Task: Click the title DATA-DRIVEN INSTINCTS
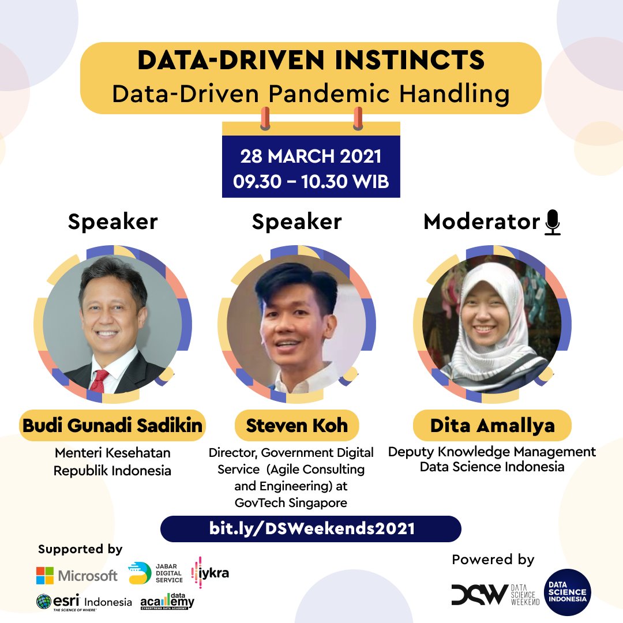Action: click(x=310, y=61)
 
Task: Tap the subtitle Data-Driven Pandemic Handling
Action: click(x=310, y=93)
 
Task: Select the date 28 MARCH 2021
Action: click(x=310, y=156)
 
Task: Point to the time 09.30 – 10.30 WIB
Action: click(x=310, y=181)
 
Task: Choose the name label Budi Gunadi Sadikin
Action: click(x=112, y=426)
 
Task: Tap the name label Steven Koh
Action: click(x=297, y=426)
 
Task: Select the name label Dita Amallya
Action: click(x=492, y=426)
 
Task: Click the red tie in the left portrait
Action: click(x=100, y=381)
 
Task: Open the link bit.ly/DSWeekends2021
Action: click(x=311, y=528)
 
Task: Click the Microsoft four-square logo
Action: click(x=45, y=575)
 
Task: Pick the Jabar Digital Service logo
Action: click(x=140, y=572)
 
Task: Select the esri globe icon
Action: click(x=44, y=602)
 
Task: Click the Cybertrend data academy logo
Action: click(x=167, y=602)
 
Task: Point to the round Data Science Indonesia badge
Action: click(x=567, y=592)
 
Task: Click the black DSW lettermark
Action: click(x=479, y=594)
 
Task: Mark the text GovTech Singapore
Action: click(x=291, y=502)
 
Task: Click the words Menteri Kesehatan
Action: click(x=112, y=453)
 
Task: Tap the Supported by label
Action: click(x=80, y=549)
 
